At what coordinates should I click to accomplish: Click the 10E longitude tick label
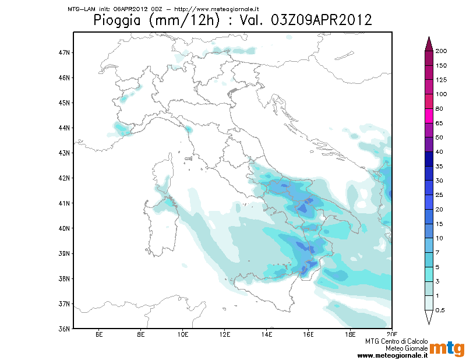[183, 335]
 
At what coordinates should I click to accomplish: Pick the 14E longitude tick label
[267, 335]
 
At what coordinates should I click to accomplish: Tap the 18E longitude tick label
[351, 335]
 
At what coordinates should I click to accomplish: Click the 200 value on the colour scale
[441, 51]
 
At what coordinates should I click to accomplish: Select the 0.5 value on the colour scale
[440, 310]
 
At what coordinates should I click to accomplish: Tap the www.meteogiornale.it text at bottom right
[393, 355]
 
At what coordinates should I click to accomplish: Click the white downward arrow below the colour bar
[429, 317]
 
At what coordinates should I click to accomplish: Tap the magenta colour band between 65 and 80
[429, 116]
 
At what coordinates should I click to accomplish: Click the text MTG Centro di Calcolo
[397, 341]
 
